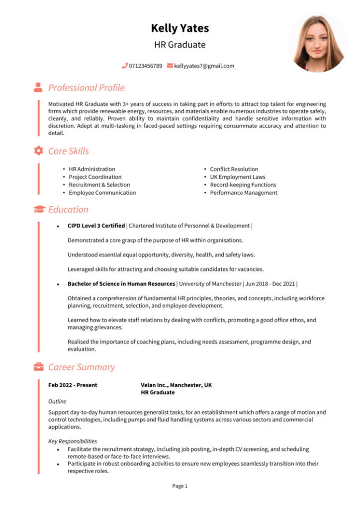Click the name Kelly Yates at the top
point(180,28)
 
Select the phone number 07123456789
point(145,66)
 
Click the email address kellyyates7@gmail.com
point(204,66)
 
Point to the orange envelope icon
point(170,66)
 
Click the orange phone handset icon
point(125,66)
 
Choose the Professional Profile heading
point(86,88)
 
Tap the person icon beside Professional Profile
point(38,87)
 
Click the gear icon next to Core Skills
point(38,151)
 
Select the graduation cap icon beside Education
point(38,209)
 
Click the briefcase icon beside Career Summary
point(38,367)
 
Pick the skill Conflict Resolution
point(234,169)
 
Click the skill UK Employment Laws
point(237,177)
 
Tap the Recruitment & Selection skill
point(99,185)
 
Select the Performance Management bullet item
point(243,193)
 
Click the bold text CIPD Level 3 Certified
point(96,226)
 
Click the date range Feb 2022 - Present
point(73,385)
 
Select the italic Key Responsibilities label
point(73,441)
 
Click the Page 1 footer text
point(180,486)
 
